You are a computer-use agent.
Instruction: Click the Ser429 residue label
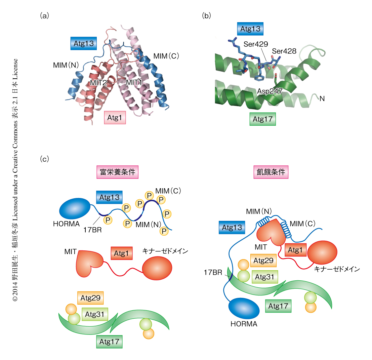click(x=256, y=44)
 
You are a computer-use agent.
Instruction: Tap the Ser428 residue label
click(x=284, y=51)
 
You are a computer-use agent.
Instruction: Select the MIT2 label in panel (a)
click(x=98, y=82)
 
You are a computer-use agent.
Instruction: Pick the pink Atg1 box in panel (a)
click(x=115, y=118)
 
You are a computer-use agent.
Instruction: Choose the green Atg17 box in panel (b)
click(x=262, y=119)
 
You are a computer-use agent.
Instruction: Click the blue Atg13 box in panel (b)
click(x=250, y=29)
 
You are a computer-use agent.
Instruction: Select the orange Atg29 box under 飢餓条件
click(x=263, y=260)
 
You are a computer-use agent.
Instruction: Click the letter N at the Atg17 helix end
click(x=322, y=98)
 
